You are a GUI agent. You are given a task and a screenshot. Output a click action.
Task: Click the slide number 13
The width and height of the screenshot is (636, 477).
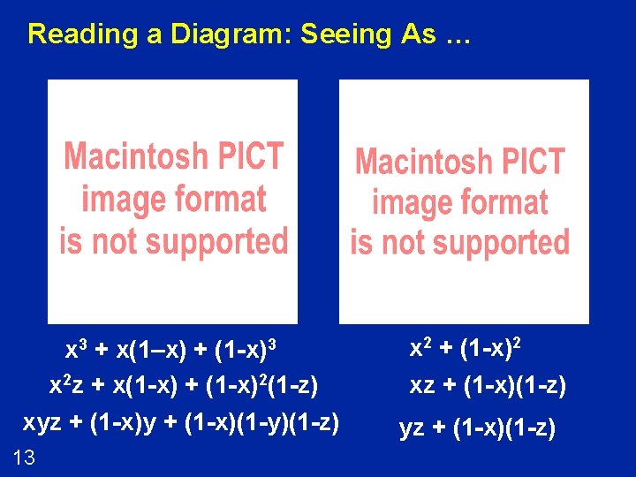click(x=24, y=457)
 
